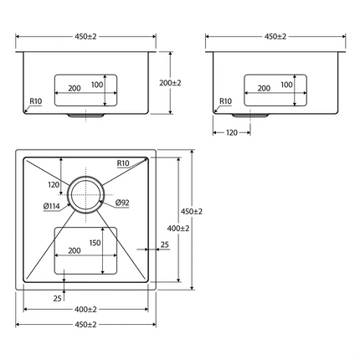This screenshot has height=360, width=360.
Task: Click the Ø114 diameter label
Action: click(x=52, y=206)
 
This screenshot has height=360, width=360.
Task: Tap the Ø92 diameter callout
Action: click(x=122, y=203)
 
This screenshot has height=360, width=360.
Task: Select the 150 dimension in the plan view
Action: click(x=95, y=243)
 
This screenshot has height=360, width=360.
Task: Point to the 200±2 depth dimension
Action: click(x=170, y=83)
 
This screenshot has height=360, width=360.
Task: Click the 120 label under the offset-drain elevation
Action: click(x=232, y=132)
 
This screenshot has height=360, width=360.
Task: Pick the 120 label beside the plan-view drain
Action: click(x=54, y=184)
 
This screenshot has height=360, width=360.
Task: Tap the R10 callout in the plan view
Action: click(x=123, y=163)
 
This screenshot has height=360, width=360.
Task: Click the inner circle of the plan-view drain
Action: click(x=85, y=194)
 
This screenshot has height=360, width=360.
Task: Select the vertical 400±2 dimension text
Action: click(x=178, y=229)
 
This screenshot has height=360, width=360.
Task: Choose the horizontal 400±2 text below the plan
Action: click(x=85, y=309)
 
